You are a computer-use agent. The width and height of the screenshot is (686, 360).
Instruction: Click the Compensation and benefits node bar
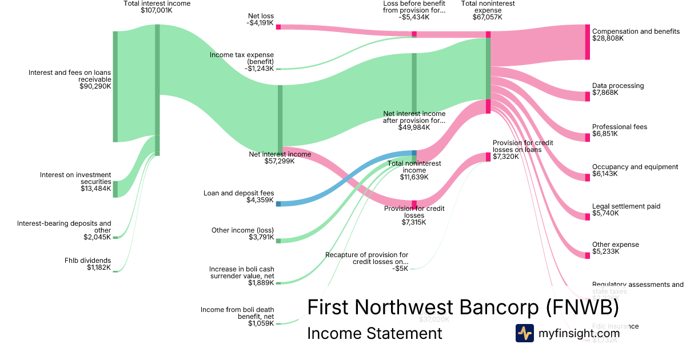(x=587, y=42)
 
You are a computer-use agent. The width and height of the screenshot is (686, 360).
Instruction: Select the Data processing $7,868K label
(x=617, y=89)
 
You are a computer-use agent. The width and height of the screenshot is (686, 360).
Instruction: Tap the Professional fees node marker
(x=587, y=137)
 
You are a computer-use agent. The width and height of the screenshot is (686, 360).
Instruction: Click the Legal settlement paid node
(x=587, y=217)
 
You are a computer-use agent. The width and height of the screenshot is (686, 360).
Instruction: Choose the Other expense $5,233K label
(x=615, y=248)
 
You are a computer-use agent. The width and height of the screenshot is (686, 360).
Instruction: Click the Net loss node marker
(x=278, y=27)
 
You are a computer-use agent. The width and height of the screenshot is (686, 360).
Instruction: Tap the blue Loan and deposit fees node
(x=278, y=203)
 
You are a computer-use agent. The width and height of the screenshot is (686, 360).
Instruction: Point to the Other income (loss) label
(x=242, y=234)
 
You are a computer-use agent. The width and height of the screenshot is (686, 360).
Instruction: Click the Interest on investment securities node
(x=115, y=189)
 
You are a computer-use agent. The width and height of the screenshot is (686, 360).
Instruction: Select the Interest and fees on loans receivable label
(x=70, y=79)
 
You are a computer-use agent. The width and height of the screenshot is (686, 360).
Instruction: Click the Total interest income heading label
(x=157, y=7)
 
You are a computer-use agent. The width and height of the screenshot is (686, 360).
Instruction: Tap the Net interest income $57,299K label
(x=280, y=158)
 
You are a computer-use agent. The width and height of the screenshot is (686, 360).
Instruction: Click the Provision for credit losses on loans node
(x=488, y=157)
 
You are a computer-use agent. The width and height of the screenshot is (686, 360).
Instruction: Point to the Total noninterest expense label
(x=488, y=10)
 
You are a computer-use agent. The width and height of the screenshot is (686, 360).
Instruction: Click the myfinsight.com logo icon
(x=524, y=333)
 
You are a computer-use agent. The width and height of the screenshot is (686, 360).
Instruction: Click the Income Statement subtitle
(x=374, y=334)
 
